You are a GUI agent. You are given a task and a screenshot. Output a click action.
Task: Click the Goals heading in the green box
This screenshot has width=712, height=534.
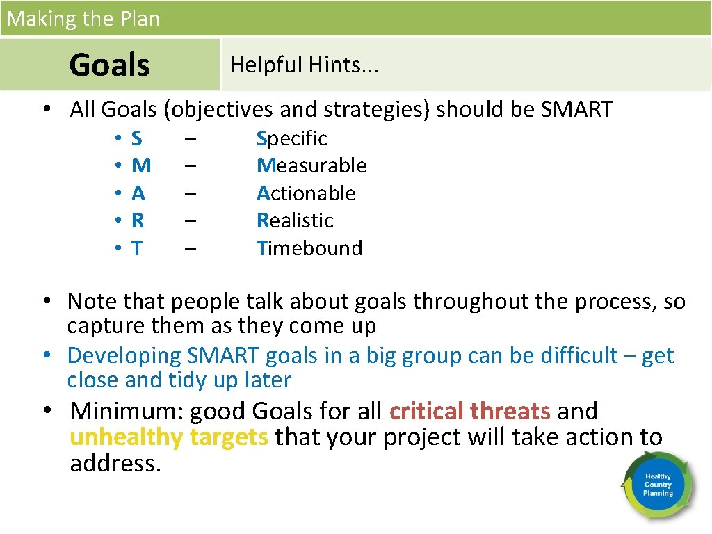(109, 65)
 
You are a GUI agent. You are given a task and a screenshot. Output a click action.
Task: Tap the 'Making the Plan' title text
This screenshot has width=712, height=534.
(83, 18)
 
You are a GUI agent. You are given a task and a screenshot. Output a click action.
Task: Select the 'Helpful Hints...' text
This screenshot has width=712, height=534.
(304, 65)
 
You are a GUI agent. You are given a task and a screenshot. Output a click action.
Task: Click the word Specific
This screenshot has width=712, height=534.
(291, 138)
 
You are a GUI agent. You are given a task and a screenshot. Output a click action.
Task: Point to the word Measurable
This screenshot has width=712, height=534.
(311, 165)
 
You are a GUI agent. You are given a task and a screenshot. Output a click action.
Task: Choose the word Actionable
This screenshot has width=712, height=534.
(306, 193)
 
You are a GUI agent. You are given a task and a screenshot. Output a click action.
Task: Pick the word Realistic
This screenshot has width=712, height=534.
(295, 220)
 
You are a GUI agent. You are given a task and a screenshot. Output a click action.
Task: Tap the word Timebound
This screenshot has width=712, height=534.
(309, 248)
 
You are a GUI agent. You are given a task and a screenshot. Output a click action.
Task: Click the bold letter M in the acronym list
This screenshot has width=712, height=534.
(141, 165)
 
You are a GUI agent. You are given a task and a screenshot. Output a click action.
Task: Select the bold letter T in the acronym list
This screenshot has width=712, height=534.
(137, 248)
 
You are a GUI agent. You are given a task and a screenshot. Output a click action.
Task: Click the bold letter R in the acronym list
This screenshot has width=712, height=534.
(138, 220)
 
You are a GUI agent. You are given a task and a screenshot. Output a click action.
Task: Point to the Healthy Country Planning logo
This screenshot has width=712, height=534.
(657, 485)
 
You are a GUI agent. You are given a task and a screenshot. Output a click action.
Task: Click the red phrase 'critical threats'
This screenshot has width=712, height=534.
(470, 411)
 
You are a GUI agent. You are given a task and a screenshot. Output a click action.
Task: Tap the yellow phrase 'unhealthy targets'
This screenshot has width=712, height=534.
(169, 437)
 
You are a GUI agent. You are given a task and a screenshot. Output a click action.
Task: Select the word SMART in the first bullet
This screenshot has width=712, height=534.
(576, 109)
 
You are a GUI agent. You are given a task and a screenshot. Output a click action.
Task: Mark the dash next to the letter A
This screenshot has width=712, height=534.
(191, 193)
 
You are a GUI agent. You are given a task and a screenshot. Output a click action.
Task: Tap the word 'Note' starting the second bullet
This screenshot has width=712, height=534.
(92, 301)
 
